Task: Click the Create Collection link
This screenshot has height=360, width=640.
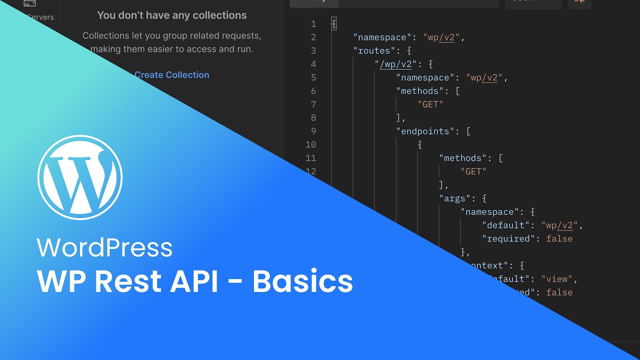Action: pyautogui.click(x=171, y=75)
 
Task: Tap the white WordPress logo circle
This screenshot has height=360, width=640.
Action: pyautogui.click(x=80, y=177)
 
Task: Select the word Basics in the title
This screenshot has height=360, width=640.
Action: pyautogui.click(x=302, y=281)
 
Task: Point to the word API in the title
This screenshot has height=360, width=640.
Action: pyautogui.click(x=194, y=281)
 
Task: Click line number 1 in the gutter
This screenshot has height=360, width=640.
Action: pyautogui.click(x=313, y=24)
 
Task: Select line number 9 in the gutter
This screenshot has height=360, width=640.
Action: pyautogui.click(x=313, y=131)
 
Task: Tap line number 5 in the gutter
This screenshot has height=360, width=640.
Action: pyautogui.click(x=313, y=78)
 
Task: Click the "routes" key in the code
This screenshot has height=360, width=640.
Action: pyautogui.click(x=373, y=50)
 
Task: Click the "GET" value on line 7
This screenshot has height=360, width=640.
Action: pyautogui.click(x=430, y=104)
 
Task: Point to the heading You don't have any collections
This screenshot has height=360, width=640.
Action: pyautogui.click(x=171, y=15)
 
